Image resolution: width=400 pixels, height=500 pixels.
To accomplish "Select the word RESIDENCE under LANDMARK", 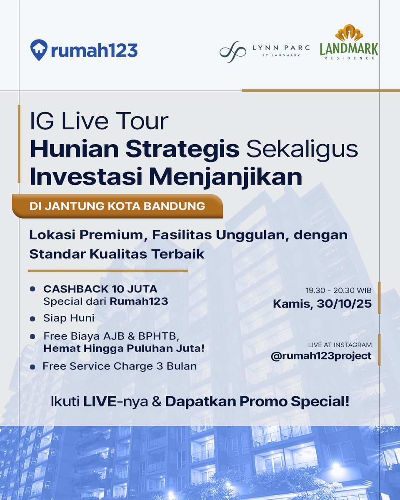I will click(349, 58).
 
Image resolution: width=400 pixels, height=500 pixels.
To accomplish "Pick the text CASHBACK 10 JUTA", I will click(100, 289).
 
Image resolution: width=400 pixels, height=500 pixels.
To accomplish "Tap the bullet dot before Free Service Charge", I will click(32, 367).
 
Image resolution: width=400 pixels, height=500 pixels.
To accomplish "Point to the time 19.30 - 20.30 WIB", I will click(339, 290).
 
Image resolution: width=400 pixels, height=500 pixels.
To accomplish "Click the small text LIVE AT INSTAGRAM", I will click(340, 345).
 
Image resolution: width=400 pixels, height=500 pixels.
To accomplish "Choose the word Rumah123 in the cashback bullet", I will click(139, 301).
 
